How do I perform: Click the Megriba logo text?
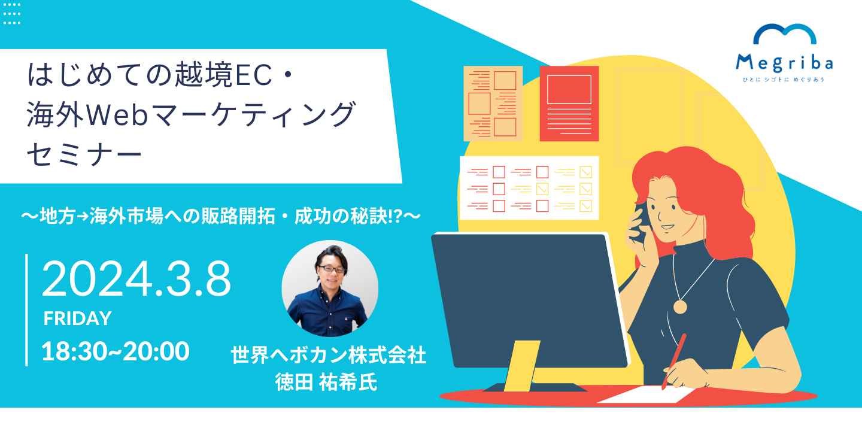[784, 63]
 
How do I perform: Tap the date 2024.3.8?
[136, 278]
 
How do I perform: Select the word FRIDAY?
[77, 318]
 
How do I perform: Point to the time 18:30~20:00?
[115, 351]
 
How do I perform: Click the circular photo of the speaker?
[330, 289]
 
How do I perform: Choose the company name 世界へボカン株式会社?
[328, 355]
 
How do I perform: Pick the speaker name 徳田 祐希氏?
[326, 382]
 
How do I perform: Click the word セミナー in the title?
[84, 154]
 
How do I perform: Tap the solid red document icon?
[569, 104]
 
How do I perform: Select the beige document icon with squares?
[493, 104]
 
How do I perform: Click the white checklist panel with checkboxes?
[529, 188]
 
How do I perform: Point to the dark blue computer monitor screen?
[530, 299]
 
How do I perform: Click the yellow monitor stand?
[521, 366]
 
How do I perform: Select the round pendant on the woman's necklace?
[680, 306]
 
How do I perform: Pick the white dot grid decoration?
[11, 14]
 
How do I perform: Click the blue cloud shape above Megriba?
[785, 34]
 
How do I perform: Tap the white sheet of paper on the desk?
[646, 394]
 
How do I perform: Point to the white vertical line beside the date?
[26, 310]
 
